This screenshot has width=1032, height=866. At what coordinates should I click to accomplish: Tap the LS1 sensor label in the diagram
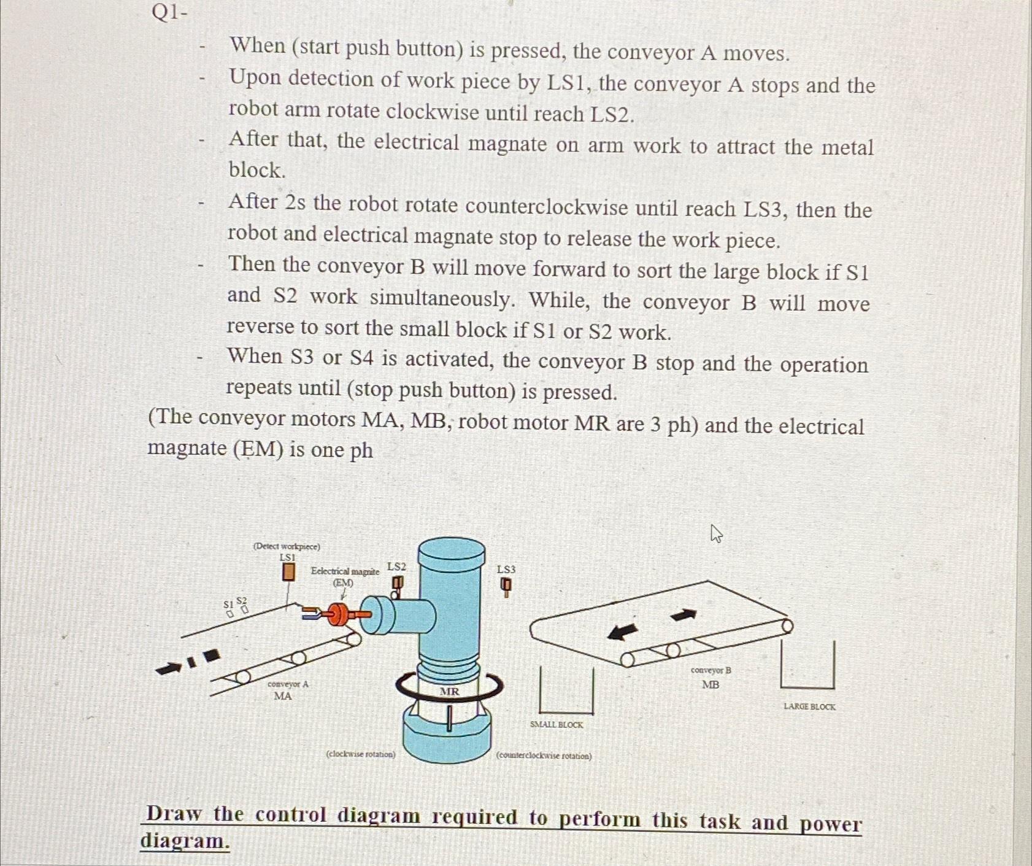[287, 557]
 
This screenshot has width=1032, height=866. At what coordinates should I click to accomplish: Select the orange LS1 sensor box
[288, 572]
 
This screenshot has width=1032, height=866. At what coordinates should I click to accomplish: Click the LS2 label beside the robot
[396, 566]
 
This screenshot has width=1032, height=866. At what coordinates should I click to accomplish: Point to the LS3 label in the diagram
[506, 570]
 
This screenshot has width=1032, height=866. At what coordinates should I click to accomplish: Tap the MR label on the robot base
[449, 692]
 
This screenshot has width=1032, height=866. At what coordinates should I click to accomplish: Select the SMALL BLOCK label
[556, 725]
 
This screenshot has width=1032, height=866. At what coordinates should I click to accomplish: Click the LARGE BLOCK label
[809, 707]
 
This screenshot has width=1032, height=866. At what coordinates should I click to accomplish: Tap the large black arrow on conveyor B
[622, 630]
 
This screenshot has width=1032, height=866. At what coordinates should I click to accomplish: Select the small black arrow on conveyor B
[684, 614]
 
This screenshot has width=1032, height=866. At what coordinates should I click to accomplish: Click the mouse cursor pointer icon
[716, 533]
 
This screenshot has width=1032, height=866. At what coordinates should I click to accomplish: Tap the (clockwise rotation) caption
[361, 754]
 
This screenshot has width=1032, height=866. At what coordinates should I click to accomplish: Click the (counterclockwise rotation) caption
[544, 756]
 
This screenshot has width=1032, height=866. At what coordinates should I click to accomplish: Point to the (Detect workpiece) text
[287, 546]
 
